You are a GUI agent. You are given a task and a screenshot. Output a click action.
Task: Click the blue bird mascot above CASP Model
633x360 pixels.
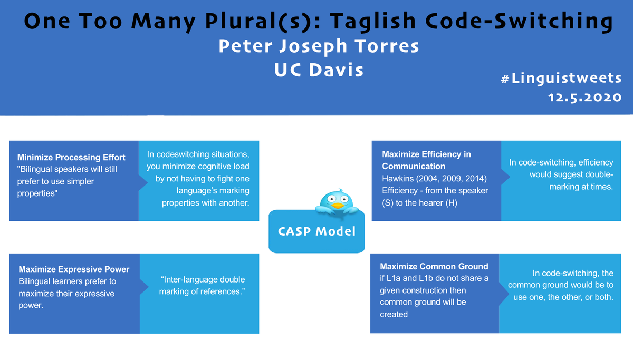click(x=335, y=201)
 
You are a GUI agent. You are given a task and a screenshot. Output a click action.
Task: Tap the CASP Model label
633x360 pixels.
click(x=316, y=231)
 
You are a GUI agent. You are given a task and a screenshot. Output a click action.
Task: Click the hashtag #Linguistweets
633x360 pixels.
click(x=561, y=79)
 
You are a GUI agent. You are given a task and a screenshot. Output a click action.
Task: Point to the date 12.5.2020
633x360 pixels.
click(x=584, y=98)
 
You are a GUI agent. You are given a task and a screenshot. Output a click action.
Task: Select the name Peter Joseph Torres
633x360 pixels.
click(x=319, y=46)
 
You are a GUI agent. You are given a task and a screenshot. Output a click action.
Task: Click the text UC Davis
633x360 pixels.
click(x=319, y=70)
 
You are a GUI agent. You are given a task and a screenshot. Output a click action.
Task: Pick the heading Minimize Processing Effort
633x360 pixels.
click(x=71, y=157)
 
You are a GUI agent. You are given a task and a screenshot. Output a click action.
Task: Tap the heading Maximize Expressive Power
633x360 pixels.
click(x=74, y=269)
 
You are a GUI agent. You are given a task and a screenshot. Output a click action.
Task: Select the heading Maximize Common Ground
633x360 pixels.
click(x=434, y=266)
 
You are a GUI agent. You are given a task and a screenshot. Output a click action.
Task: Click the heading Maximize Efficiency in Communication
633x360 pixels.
click(x=426, y=160)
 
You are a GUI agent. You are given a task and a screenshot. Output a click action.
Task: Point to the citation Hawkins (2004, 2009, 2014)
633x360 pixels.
click(x=434, y=178)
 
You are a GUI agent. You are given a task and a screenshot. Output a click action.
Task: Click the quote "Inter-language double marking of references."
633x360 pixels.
click(x=202, y=285)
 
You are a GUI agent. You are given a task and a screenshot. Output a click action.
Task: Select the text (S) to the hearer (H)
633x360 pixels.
click(x=419, y=202)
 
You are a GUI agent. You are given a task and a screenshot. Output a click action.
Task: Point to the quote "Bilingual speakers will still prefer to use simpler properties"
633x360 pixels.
click(x=67, y=181)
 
